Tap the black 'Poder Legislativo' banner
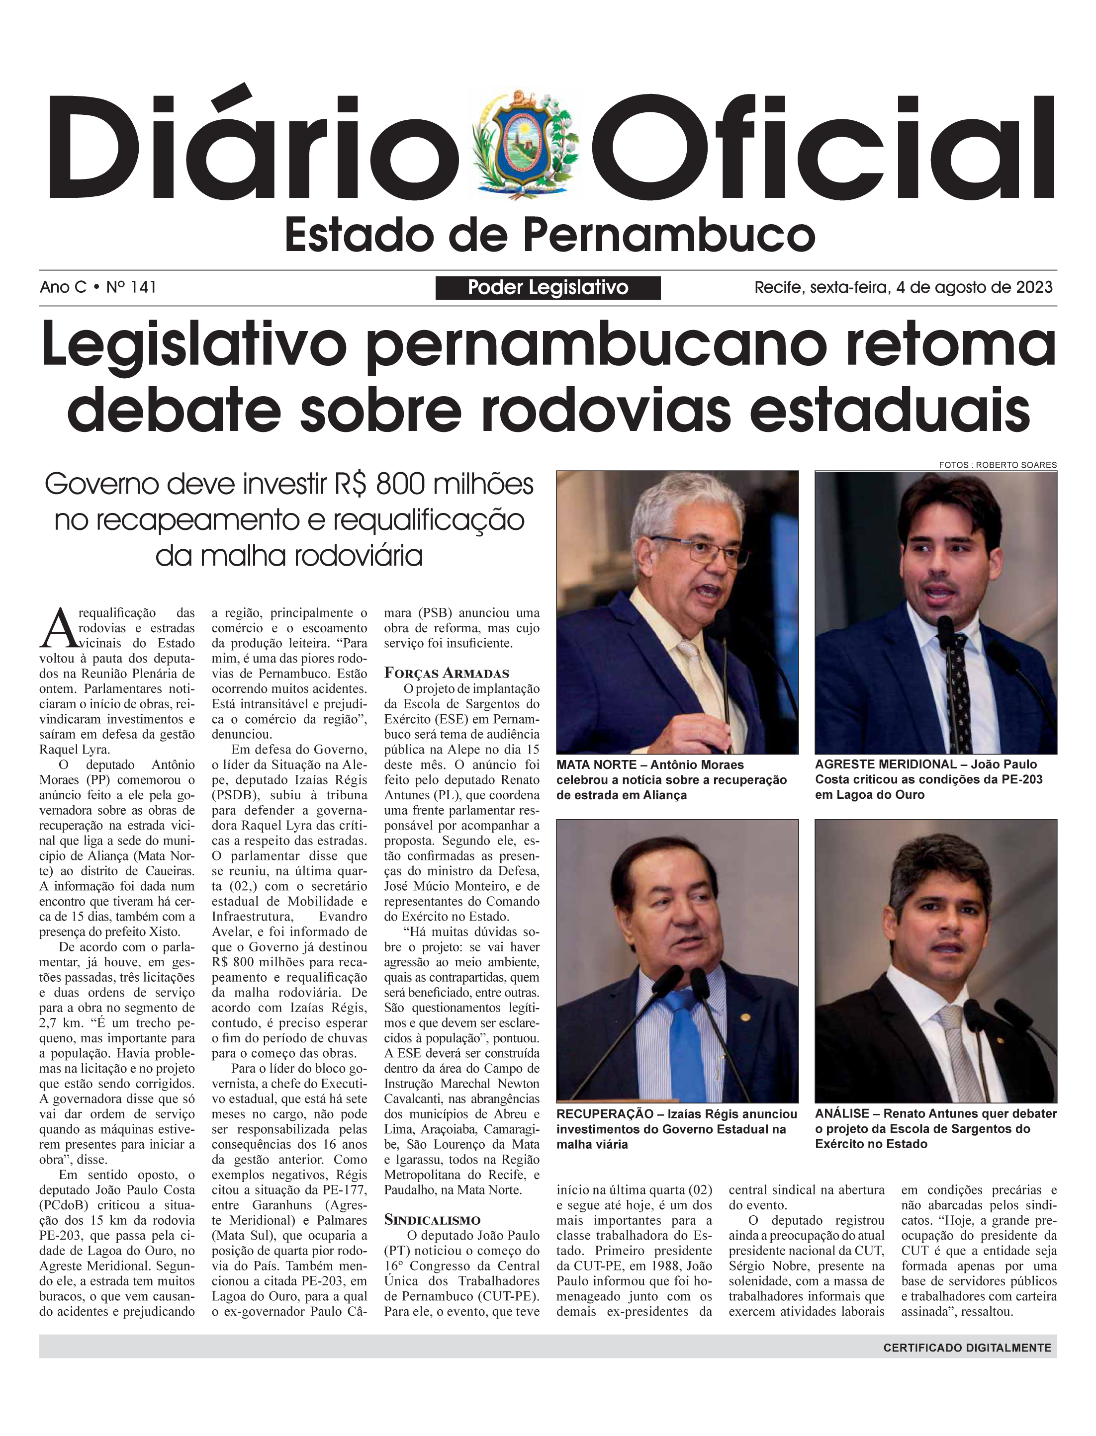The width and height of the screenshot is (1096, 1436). click(548, 288)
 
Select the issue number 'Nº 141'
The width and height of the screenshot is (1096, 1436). click(131, 287)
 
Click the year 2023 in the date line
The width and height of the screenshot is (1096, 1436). click(1034, 287)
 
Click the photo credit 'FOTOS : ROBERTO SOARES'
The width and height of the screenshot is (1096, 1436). click(998, 465)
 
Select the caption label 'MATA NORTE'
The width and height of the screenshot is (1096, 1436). click(596, 764)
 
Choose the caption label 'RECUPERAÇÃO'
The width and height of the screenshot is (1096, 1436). click(604, 1114)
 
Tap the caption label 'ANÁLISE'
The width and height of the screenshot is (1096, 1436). click(841, 1114)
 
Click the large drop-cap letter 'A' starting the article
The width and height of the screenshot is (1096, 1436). click(57, 628)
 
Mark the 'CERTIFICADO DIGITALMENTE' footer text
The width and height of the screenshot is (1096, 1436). click(967, 1348)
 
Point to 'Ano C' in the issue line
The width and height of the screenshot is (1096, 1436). click(63, 287)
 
